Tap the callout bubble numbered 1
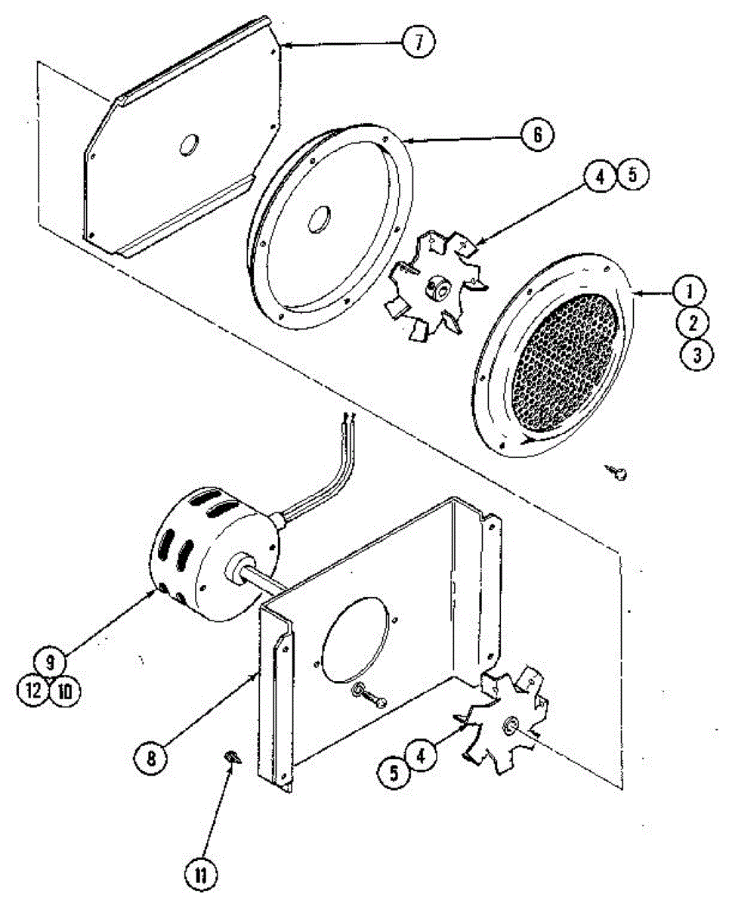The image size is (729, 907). [693, 290]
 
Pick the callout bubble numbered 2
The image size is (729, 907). [693, 323]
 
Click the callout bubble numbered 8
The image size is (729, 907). [152, 756]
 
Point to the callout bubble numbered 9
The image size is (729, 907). [50, 664]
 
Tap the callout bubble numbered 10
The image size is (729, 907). [66, 691]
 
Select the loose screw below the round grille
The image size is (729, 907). [619, 473]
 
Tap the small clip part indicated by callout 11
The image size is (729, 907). [233, 757]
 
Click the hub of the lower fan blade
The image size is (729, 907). [510, 727]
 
